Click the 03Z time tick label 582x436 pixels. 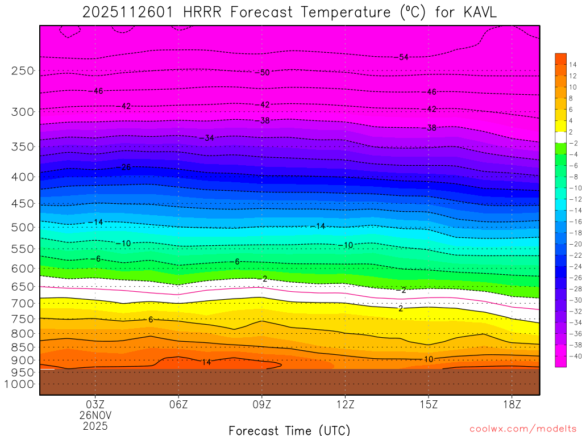[x=95, y=405]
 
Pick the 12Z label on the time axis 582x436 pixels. [x=345, y=405]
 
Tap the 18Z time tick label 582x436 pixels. [x=512, y=405]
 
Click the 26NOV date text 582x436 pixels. [x=95, y=415]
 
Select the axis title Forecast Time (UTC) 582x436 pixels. [x=289, y=430]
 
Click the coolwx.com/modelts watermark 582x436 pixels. [x=523, y=429]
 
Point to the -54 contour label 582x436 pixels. [x=404, y=57]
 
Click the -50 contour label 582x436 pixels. [x=264, y=73]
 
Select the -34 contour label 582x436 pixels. [x=209, y=138]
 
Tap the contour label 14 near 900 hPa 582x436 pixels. [x=206, y=362]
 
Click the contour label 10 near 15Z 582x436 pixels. [x=429, y=359]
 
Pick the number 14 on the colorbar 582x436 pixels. [x=573, y=65]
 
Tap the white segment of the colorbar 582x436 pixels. [x=560, y=137]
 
